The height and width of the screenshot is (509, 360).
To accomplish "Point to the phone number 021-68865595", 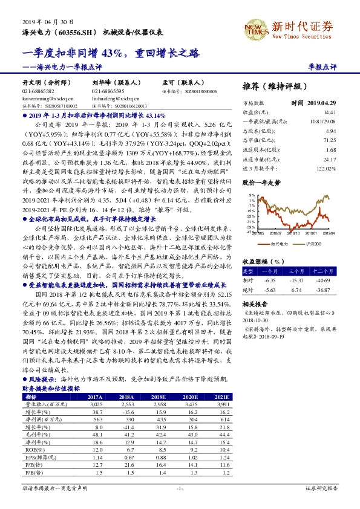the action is coord(108,90).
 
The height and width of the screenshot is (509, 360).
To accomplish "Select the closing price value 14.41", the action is coord(329,112).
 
